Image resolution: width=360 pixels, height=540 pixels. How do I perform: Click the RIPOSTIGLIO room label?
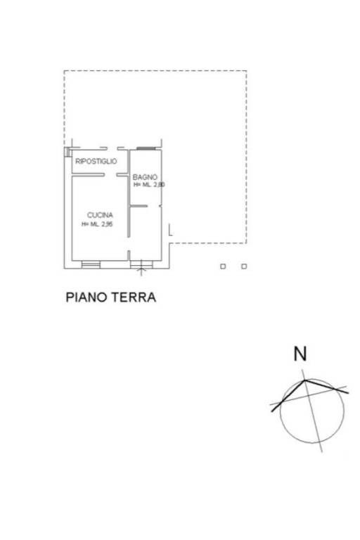pyautogui.click(x=96, y=161)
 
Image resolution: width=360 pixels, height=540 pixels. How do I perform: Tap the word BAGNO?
pyautogui.click(x=145, y=177)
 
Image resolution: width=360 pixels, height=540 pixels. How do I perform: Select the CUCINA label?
pyautogui.click(x=100, y=215)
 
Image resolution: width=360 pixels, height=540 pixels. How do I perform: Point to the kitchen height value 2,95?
pyautogui.click(x=107, y=224)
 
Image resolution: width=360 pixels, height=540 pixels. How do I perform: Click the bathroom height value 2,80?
pyautogui.click(x=159, y=185)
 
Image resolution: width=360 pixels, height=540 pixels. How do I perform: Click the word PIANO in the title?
pyautogui.click(x=87, y=297)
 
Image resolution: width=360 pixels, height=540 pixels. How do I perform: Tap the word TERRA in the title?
pyautogui.click(x=135, y=297)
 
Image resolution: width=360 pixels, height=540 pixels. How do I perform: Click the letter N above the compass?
pyautogui.click(x=300, y=354)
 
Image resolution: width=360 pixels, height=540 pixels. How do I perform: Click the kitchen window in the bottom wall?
pyautogui.click(x=91, y=264)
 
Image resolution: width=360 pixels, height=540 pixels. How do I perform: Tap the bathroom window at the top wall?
pyautogui.click(x=146, y=148)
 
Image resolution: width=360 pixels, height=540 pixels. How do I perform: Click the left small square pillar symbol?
pyautogui.click(x=223, y=266)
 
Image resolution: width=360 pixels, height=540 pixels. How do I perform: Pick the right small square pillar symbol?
pyautogui.click(x=244, y=266)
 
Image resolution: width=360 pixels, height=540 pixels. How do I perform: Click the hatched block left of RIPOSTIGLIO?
pyautogui.click(x=67, y=152)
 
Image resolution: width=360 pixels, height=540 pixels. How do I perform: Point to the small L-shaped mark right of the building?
pyautogui.click(x=170, y=230)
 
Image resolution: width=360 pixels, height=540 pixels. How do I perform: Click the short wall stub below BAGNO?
pyautogui.click(x=139, y=206)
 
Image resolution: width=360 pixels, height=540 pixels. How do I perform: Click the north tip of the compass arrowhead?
pyautogui.click(x=305, y=380)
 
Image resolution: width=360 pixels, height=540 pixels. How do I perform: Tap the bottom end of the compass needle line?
pyautogui.click(x=322, y=451)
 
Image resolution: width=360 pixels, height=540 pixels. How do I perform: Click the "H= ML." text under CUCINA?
pyautogui.click(x=90, y=224)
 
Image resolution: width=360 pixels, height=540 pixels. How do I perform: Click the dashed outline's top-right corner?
pyautogui.click(x=246, y=71)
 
